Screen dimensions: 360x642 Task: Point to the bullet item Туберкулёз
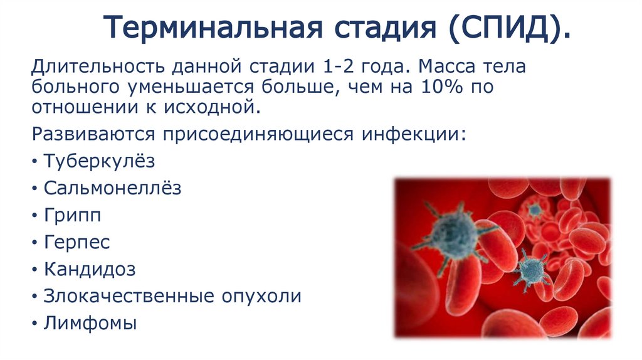(99, 161)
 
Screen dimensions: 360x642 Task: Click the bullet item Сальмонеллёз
(112, 188)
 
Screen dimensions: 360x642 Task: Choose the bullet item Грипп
(72, 215)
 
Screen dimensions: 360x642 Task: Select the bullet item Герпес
(76, 243)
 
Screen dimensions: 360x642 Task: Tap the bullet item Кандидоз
(90, 270)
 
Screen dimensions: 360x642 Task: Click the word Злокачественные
(127, 297)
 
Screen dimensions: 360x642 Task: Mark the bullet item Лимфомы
(90, 324)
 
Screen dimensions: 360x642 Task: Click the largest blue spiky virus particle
(454, 232)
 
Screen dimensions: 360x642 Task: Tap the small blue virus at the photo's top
(535, 209)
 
